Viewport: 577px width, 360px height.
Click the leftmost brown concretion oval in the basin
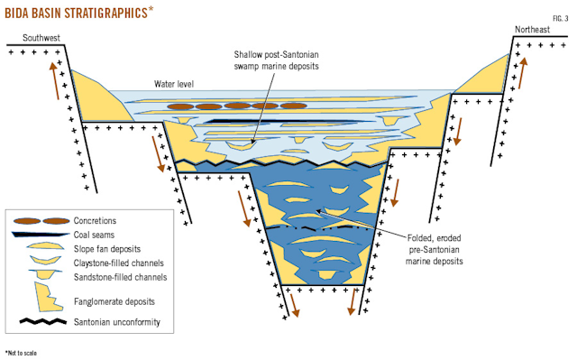click(x=181, y=106)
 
